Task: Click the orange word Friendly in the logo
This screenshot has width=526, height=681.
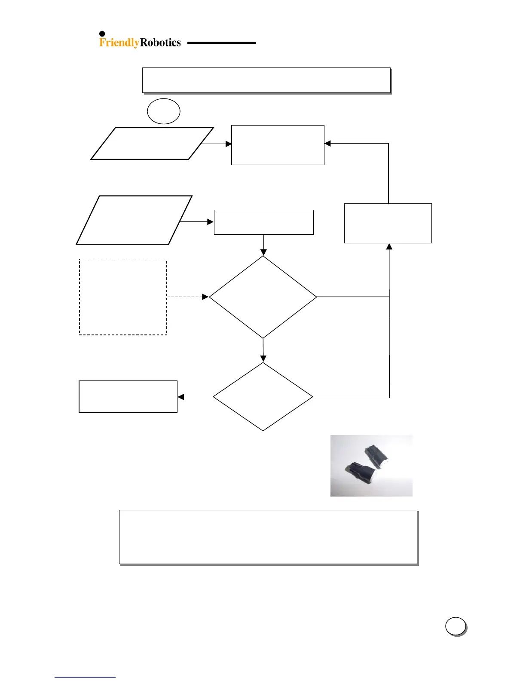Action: point(119,43)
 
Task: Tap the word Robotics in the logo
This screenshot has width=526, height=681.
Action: point(160,43)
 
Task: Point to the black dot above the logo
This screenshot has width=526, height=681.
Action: point(102,34)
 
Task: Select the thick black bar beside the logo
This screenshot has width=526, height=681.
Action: point(221,43)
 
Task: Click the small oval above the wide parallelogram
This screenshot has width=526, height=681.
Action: point(163,111)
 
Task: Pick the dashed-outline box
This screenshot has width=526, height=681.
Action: point(123,297)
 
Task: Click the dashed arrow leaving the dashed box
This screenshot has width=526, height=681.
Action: point(187,297)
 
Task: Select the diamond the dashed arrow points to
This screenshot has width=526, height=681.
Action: point(263,297)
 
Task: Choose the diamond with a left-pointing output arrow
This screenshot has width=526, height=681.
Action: point(263,396)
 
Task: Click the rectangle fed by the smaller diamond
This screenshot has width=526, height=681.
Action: point(128,396)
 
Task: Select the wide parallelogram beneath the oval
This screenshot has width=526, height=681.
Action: point(152,144)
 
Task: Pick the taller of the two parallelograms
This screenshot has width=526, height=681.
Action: point(134,220)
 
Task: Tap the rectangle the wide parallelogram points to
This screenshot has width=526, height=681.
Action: point(278,145)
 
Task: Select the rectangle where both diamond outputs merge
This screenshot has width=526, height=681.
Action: point(388,223)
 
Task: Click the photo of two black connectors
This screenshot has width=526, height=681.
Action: point(371,466)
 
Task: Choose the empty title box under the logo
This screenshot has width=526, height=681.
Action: point(266,80)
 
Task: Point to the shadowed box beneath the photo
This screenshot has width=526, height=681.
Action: point(268,537)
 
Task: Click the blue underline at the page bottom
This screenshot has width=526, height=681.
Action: point(85,677)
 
